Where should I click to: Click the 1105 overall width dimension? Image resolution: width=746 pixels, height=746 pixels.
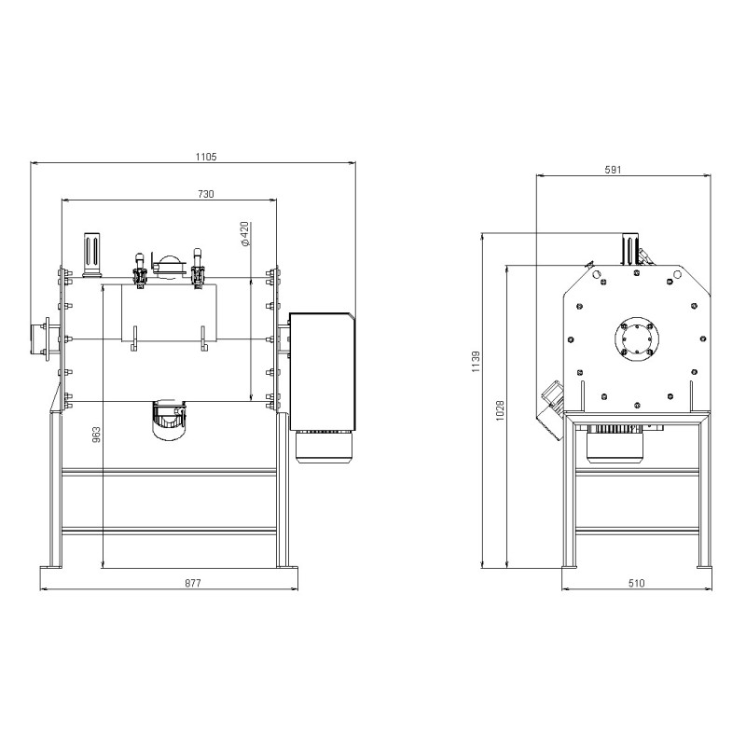tap(206, 157)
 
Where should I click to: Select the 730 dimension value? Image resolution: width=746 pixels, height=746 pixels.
tap(206, 194)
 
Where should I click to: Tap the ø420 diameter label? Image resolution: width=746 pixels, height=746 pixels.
tap(245, 234)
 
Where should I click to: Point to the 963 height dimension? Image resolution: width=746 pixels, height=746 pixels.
tap(96, 435)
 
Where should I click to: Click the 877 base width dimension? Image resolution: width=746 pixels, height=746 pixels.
tap(193, 583)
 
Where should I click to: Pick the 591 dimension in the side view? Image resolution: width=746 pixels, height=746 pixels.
tap(613, 170)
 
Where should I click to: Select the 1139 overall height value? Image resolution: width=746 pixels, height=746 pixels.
tap(477, 362)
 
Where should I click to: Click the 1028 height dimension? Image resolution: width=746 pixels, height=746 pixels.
tap(500, 410)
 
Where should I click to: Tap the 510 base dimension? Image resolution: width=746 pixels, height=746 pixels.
tap(636, 583)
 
